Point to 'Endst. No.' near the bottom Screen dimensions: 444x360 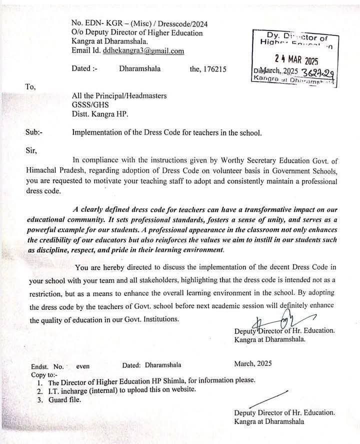click(x=47, y=366)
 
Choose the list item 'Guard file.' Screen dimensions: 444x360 click(x=64, y=399)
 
